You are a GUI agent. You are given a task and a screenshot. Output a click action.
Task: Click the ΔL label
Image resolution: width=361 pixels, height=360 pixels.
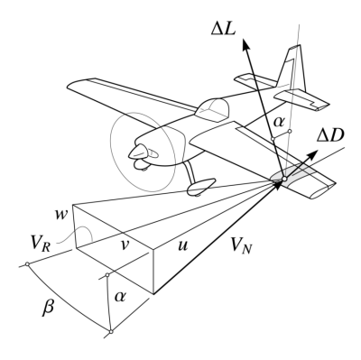pos(224,29)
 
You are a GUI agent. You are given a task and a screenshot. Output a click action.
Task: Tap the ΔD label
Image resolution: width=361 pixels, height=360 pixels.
pos(330,135)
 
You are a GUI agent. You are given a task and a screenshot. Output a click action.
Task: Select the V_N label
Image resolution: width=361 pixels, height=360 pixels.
pos(242,246)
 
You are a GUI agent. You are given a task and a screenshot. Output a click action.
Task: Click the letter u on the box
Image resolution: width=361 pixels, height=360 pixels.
pos(182,245)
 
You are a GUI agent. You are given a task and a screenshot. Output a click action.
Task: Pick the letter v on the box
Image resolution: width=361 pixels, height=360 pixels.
pos(125,245)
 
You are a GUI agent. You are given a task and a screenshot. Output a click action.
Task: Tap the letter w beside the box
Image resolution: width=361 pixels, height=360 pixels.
pos(60,216)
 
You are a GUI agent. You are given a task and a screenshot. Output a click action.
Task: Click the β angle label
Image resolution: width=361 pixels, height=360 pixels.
pos(49,308)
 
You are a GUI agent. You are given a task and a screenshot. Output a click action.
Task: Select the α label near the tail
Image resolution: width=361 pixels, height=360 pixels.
pos(279,122)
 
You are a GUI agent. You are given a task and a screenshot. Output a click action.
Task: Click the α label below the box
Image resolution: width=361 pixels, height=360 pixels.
pos(120,297)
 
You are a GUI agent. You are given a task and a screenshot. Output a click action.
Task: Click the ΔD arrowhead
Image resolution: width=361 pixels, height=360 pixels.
pos(313,154)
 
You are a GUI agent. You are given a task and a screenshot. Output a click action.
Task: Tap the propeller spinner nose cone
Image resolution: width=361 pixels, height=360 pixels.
pos(138,152)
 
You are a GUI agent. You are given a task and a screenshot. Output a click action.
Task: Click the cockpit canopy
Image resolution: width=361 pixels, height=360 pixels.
pos(212,110)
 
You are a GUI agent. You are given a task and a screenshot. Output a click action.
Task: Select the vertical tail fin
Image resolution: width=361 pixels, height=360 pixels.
pos(292,69)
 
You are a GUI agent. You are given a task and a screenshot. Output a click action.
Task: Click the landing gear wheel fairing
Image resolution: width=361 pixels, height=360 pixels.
pos(201,187)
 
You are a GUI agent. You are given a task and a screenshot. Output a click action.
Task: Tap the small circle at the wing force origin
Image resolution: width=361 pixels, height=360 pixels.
pos(284,179)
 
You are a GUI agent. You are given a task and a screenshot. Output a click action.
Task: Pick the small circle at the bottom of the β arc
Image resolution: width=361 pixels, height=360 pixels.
pos(111,331)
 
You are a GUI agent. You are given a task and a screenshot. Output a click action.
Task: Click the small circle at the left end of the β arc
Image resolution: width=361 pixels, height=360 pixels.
pos(27,263)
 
